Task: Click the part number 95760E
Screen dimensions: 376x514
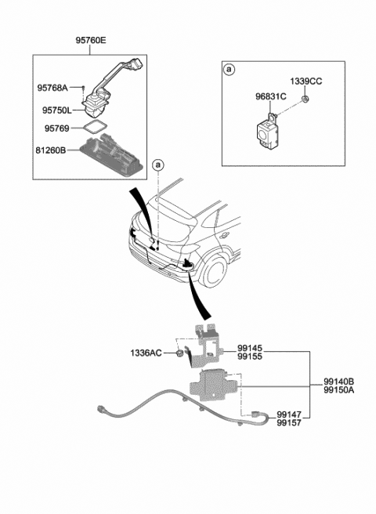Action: [x=91, y=40]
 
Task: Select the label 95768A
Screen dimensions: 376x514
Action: [x=52, y=88]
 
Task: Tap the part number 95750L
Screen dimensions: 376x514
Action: [x=56, y=110]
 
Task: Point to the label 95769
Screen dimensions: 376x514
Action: [x=56, y=128]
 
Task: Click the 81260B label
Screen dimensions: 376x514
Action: [x=51, y=150]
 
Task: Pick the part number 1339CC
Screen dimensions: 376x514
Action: [x=305, y=81]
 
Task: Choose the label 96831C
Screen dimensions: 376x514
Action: [x=271, y=96]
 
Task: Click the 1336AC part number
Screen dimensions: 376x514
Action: [x=146, y=353]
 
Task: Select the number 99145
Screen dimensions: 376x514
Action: [x=250, y=348]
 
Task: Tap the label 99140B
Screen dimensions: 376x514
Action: [x=339, y=382]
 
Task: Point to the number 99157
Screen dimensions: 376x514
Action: [x=289, y=423]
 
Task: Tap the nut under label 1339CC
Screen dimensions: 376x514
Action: [x=305, y=99]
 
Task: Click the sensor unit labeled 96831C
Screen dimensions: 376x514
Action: [x=268, y=131]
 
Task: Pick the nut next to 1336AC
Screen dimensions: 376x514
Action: [x=179, y=353]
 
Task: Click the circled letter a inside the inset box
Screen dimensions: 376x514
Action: [x=230, y=70]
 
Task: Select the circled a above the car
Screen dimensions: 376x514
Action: [x=158, y=165]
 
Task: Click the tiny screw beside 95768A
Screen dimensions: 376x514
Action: [x=83, y=87]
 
